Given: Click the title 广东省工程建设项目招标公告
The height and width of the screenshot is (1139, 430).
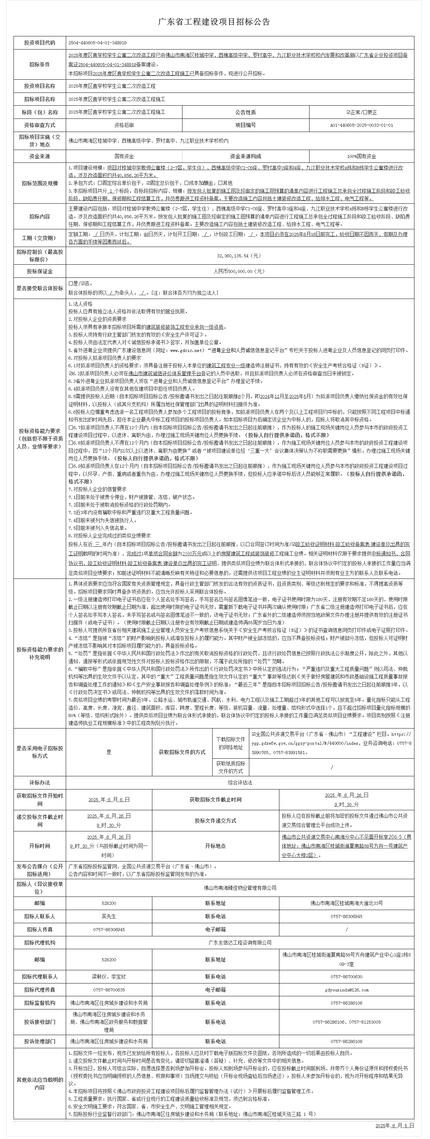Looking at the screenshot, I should point(214,22).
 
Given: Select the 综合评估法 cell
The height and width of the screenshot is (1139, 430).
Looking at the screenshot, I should point(240,782).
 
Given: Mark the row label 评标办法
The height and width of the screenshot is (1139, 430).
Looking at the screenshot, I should point(40,782).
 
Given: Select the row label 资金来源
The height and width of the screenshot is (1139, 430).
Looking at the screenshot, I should point(40,157).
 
